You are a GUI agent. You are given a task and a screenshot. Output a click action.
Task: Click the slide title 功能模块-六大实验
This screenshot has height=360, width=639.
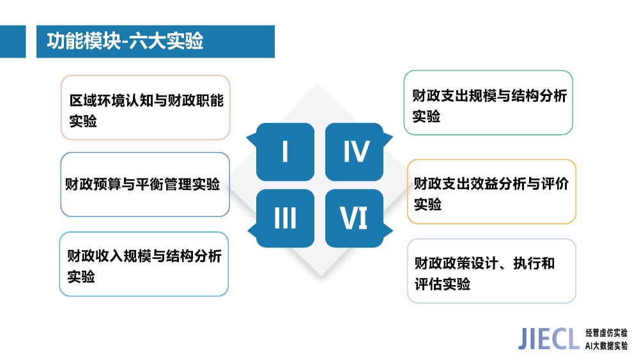[x=125, y=41]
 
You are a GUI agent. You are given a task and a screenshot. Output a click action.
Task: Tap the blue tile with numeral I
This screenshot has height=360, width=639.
[x=285, y=152]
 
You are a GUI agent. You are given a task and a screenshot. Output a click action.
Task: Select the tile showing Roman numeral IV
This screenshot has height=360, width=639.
[x=355, y=152]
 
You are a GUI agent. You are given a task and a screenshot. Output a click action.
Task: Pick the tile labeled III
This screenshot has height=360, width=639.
[x=285, y=218]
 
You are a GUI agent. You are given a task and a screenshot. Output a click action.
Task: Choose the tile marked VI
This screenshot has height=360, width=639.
[x=355, y=218]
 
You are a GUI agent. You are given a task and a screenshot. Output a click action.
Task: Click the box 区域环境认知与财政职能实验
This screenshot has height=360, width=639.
[x=146, y=107]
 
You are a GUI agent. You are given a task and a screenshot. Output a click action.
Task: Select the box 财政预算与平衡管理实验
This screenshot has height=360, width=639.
[x=145, y=184]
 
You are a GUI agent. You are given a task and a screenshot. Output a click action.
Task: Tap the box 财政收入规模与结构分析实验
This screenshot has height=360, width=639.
[x=144, y=264]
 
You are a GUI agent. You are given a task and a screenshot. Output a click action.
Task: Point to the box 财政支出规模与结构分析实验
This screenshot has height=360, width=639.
[x=488, y=103]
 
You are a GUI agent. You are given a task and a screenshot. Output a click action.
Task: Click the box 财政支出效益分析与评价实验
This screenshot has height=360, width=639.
[x=491, y=192]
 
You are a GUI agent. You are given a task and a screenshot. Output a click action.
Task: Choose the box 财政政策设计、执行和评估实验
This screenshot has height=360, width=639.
[x=491, y=271]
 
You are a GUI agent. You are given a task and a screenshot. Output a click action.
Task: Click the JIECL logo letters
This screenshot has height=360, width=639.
[x=548, y=338]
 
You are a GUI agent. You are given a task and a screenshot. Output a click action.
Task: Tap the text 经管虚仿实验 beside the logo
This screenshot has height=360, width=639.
[x=606, y=333]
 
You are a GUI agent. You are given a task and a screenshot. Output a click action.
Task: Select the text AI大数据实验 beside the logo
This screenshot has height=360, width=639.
[x=606, y=346]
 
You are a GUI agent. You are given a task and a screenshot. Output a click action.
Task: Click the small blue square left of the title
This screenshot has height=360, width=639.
[x=13, y=41]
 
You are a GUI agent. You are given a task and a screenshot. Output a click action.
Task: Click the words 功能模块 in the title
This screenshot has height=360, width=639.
[x=84, y=41]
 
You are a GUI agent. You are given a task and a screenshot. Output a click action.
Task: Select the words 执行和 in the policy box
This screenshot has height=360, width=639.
[x=534, y=263]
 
